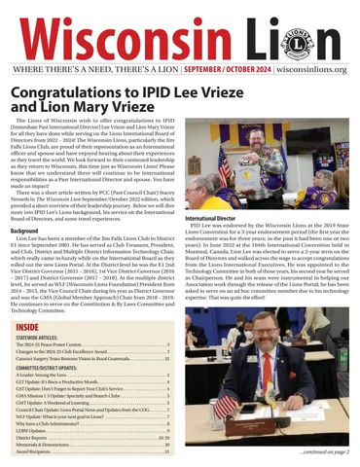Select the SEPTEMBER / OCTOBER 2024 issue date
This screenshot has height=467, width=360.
pyautogui.click(x=219, y=71)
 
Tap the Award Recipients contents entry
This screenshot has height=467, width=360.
pyautogui.click(x=40, y=452)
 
